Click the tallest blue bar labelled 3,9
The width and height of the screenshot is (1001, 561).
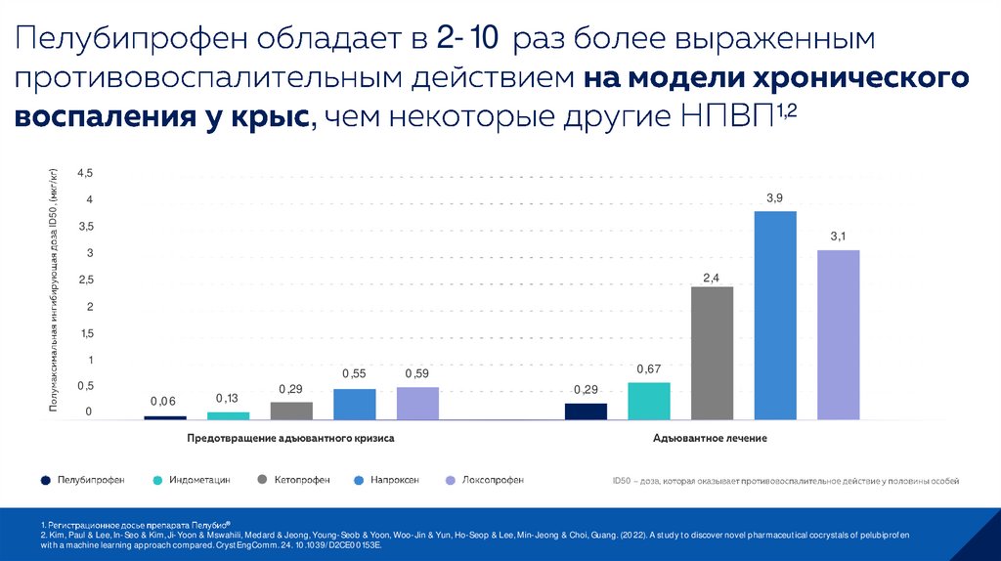coord(775,315)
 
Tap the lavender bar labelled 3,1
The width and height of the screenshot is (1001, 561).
coord(838,334)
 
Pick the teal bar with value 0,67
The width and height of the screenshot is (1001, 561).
coord(649,400)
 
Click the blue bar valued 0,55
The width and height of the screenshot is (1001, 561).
coord(354,404)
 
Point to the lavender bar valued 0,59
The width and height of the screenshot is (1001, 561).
coord(417,403)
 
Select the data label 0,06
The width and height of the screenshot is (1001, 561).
coord(163,402)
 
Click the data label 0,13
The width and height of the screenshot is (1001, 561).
coord(227,398)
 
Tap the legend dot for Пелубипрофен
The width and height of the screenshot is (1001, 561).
coord(46,480)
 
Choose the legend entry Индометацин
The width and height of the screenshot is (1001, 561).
coord(198,480)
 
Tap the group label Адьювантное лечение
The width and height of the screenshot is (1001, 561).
coord(710,439)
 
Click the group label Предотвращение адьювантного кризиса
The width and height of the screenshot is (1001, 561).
coord(290,439)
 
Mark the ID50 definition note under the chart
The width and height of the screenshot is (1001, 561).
coord(785,481)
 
